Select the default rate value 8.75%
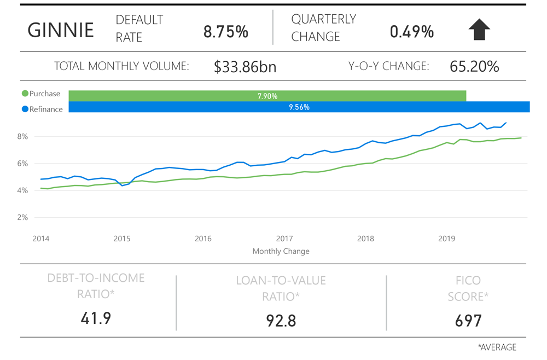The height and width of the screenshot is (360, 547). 226,32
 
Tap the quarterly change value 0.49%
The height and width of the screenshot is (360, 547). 412,32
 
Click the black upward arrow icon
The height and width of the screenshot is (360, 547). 479,30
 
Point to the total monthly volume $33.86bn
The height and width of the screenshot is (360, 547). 245,67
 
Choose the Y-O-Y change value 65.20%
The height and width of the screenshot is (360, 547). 474,67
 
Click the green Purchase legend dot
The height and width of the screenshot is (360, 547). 25,94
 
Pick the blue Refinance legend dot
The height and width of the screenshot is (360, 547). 25,109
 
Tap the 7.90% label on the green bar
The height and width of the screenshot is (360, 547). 267,96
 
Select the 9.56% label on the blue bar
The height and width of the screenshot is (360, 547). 299,107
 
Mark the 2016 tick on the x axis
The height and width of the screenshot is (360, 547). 203,239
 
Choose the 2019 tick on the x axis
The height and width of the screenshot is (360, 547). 447,239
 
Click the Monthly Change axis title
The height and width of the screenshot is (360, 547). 281,251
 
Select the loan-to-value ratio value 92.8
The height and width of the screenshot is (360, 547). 281,320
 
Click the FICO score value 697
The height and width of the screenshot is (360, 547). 468,320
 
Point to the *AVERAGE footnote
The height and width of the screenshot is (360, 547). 497,347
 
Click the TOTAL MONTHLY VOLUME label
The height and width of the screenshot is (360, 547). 121,67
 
